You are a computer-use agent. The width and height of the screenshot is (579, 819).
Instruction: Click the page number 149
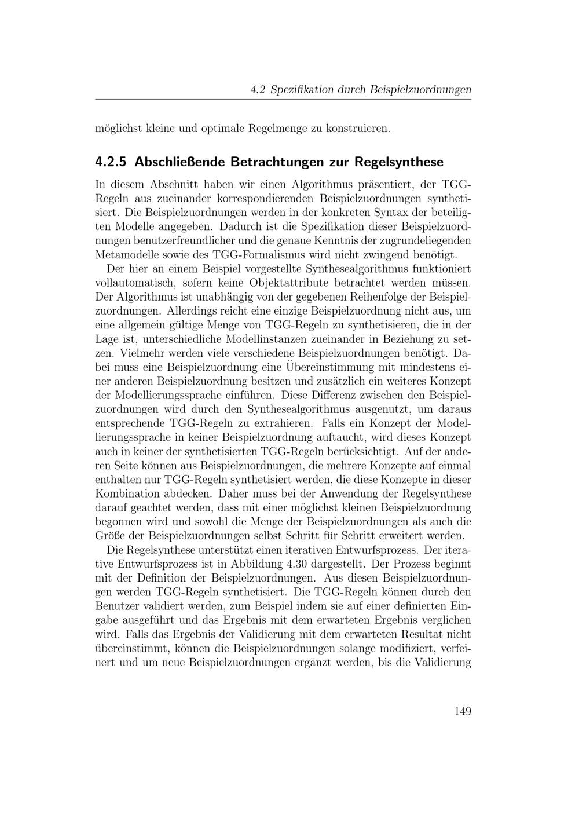pos(462,711)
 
